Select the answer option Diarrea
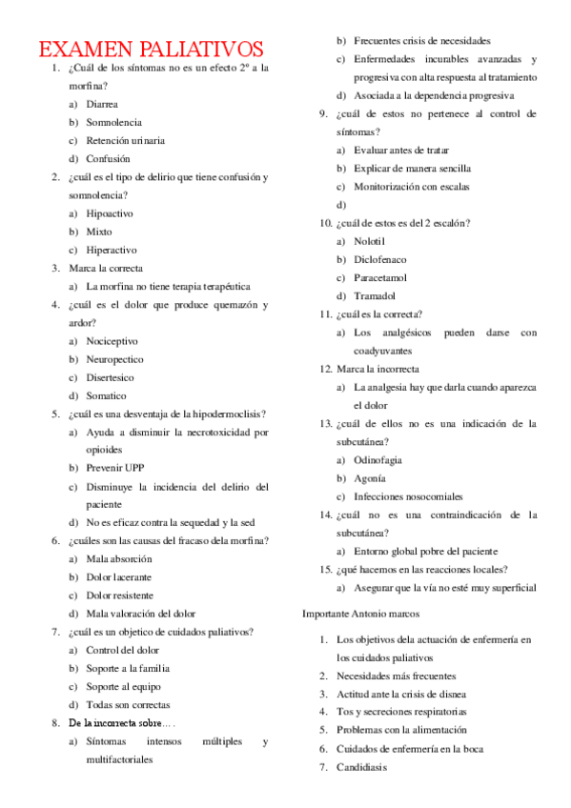click(x=102, y=104)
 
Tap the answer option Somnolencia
click(x=113, y=122)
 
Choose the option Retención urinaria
click(x=125, y=140)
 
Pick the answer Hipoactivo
click(x=111, y=213)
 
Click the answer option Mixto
click(x=98, y=232)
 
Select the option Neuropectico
click(x=114, y=359)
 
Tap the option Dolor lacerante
click(x=118, y=576)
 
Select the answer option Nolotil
click(x=370, y=241)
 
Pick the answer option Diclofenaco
click(x=379, y=259)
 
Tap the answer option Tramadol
click(x=375, y=295)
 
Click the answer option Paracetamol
click(x=379, y=277)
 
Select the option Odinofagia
click(x=377, y=459)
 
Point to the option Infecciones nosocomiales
click(x=408, y=496)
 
